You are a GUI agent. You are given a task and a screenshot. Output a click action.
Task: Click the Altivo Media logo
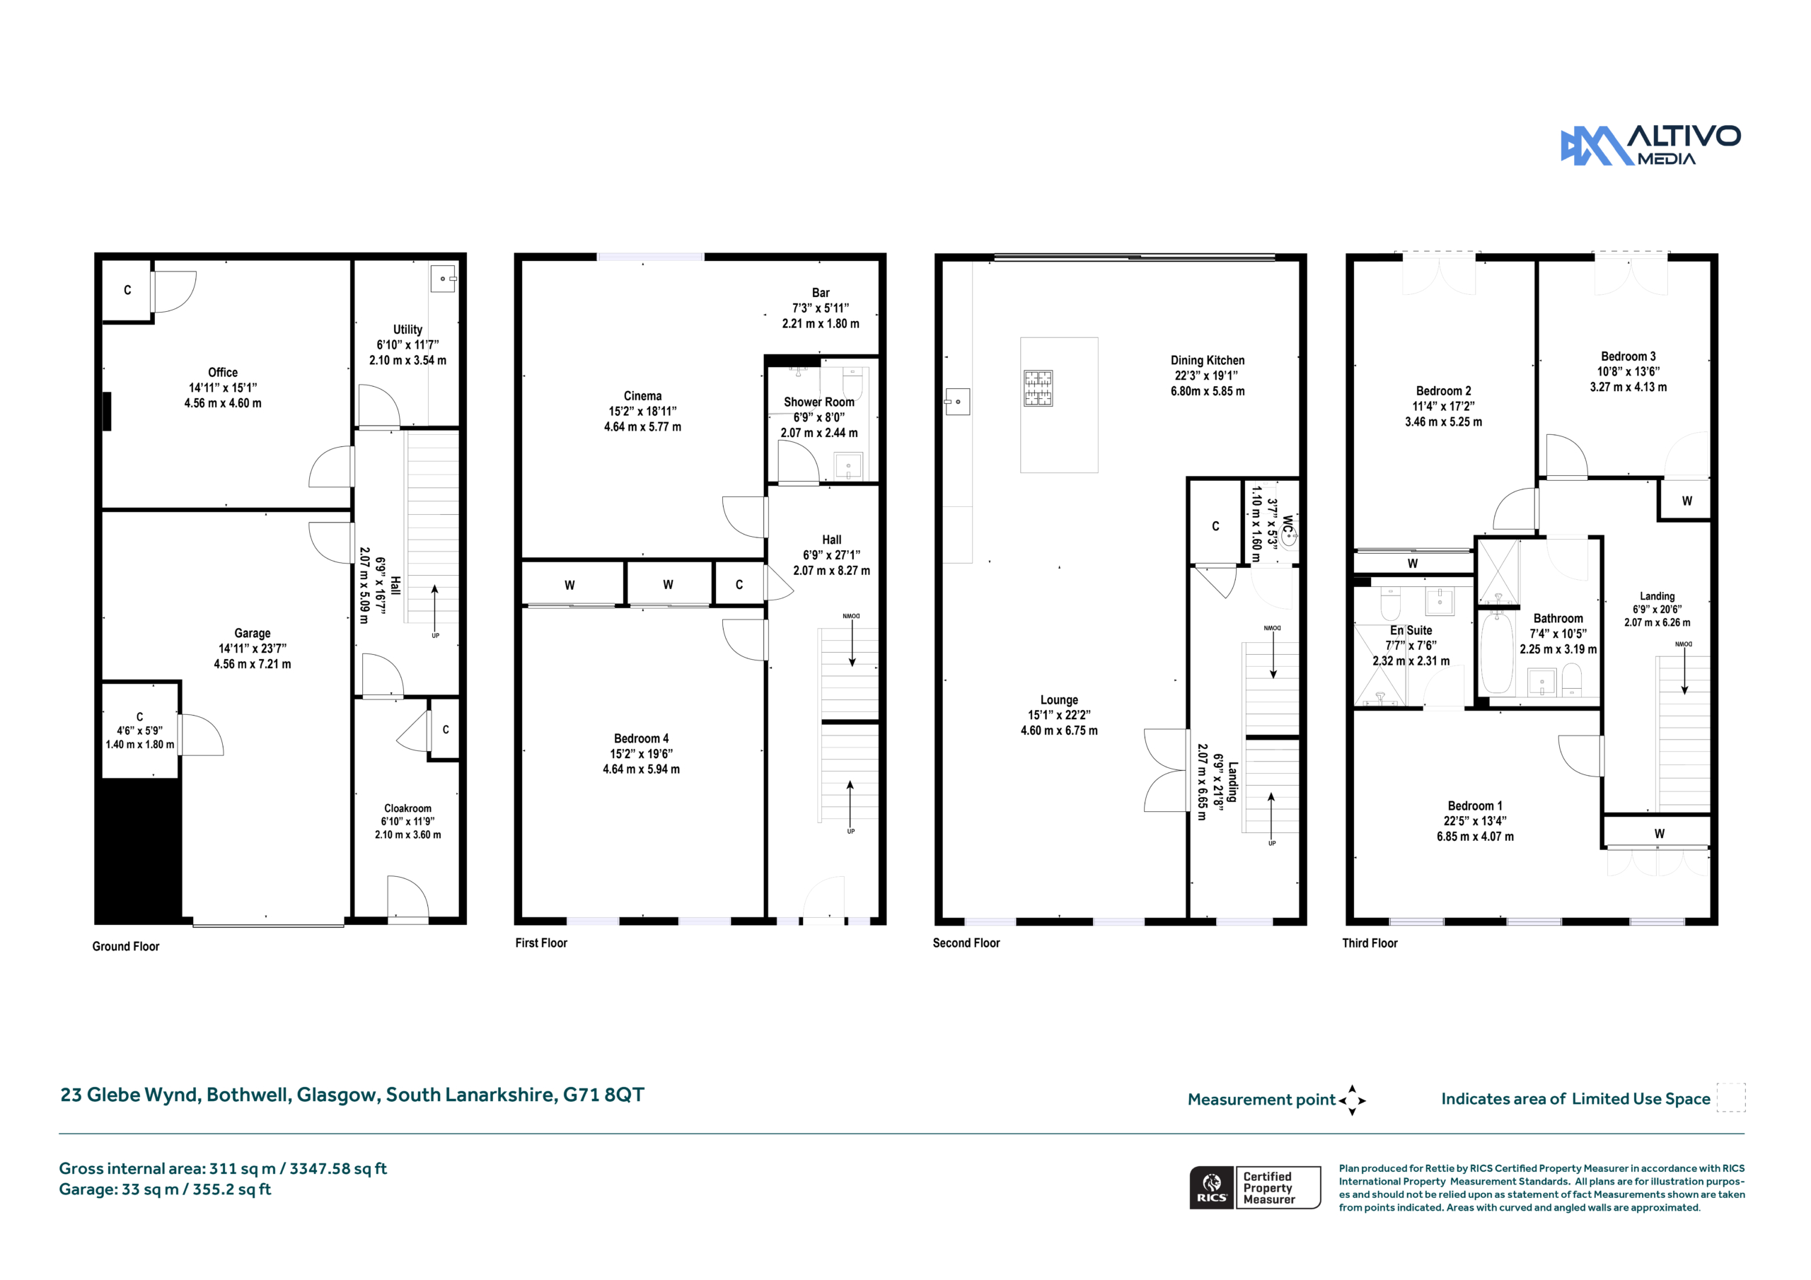click(1650, 145)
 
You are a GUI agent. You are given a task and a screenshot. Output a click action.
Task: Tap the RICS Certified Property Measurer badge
click(1255, 1187)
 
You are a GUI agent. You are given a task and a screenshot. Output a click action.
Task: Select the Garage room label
click(253, 648)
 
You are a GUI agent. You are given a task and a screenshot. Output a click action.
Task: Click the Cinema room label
click(642, 411)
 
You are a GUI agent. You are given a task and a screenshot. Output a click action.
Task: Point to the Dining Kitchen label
click(1208, 376)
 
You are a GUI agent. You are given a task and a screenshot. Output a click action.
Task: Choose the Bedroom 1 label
click(1475, 821)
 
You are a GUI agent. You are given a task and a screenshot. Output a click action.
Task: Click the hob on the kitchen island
click(1038, 388)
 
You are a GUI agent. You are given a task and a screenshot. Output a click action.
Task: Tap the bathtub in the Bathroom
click(1496, 653)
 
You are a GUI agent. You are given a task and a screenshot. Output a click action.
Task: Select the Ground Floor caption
click(125, 946)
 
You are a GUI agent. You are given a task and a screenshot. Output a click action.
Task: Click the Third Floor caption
click(1370, 943)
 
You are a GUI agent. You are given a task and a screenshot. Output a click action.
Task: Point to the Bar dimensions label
click(821, 315)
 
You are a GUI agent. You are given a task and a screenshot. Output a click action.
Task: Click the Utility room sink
click(444, 279)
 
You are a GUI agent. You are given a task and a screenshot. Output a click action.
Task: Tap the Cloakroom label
click(407, 821)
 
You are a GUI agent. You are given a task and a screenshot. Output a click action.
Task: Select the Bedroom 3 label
click(1628, 371)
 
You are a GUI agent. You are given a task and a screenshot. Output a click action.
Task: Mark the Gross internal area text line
click(222, 1168)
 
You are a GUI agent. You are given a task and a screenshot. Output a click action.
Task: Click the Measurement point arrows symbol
click(1352, 1100)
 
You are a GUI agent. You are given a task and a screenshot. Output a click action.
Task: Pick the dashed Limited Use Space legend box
click(1731, 1098)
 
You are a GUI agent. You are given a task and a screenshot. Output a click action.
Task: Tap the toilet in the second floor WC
click(1288, 538)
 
